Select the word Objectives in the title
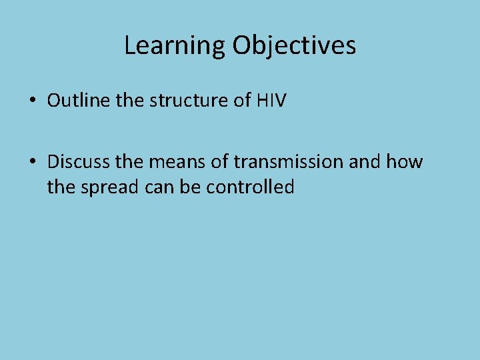click(294, 46)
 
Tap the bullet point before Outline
click(32, 101)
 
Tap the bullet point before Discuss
click(32, 163)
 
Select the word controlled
click(250, 187)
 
